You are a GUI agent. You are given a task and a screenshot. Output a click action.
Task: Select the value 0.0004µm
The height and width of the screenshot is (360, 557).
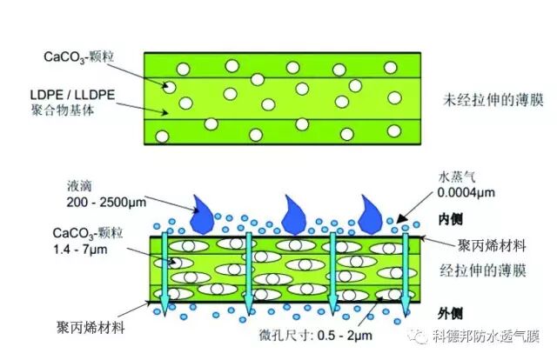[x=458, y=196]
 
